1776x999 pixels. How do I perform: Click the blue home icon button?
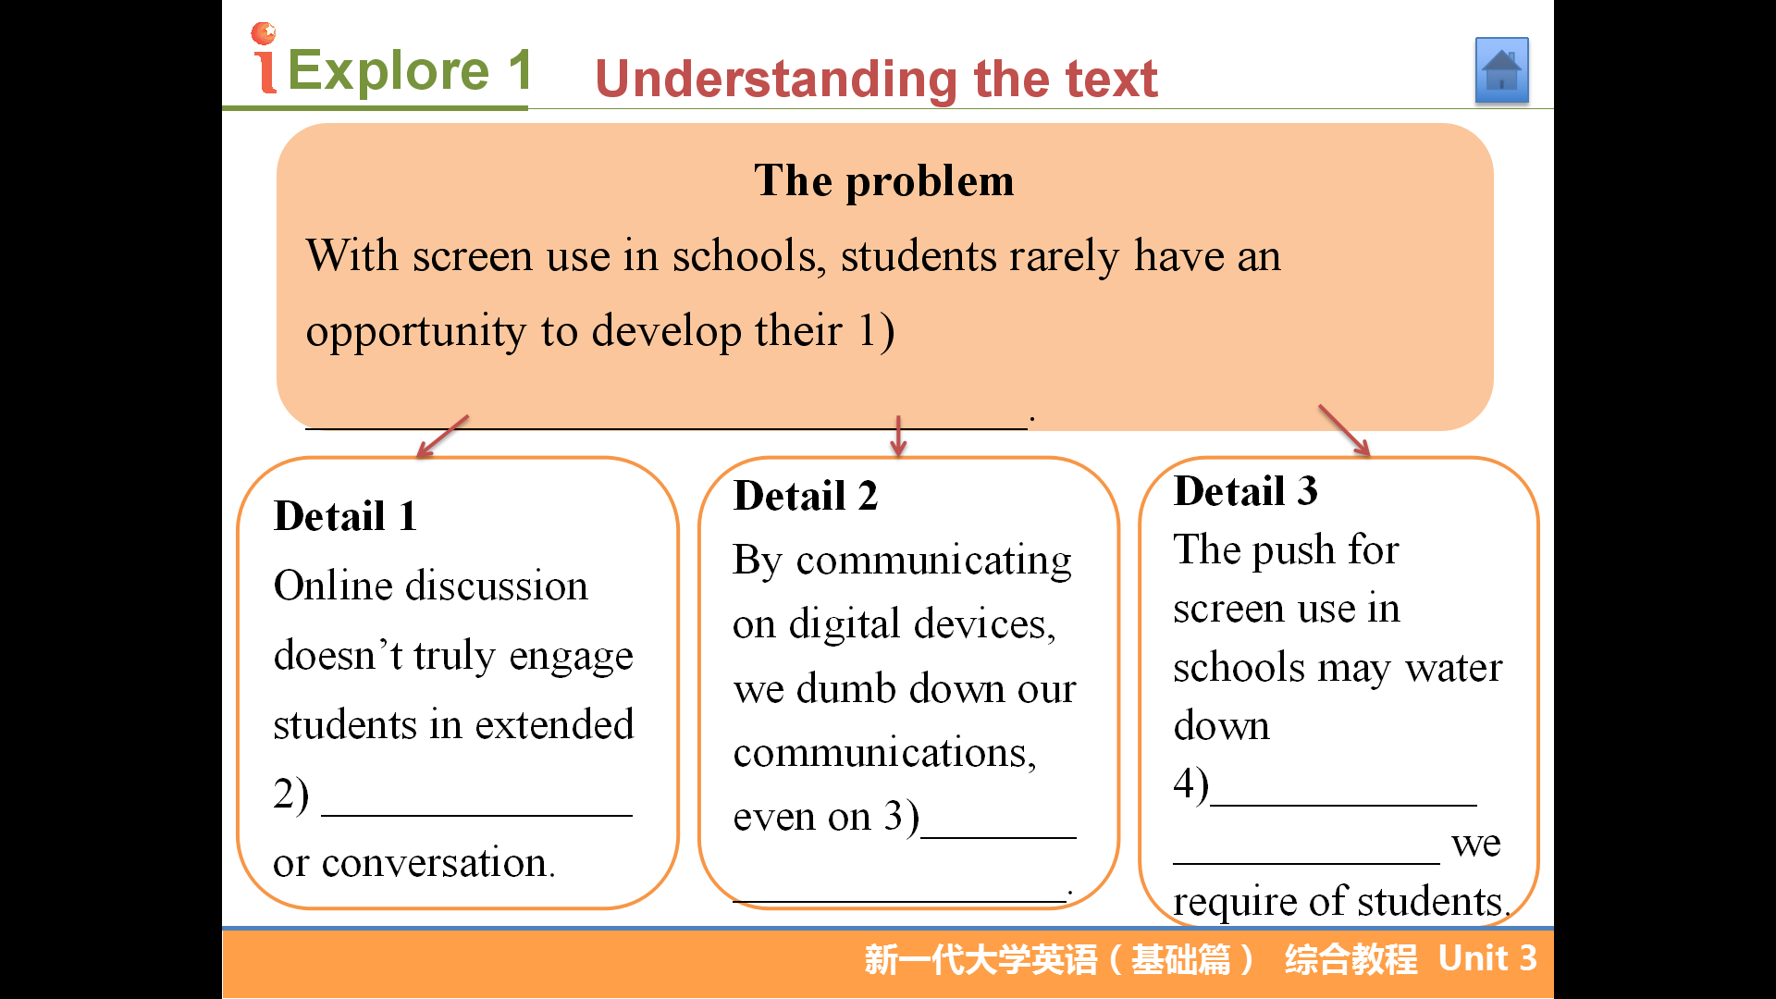1501,70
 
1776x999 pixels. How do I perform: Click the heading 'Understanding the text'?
876,79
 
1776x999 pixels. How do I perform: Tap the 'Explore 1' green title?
410,70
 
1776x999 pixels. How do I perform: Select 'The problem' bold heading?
884,180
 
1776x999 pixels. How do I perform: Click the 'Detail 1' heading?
345,516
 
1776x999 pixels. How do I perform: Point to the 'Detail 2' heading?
805,496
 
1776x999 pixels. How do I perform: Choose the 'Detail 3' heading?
1245,491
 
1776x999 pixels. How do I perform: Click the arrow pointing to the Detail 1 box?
442,436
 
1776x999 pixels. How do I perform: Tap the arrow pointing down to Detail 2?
897,436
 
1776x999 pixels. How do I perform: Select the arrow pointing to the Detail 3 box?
1344,430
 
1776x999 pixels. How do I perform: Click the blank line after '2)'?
476,815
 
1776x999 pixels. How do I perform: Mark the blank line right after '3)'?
999,837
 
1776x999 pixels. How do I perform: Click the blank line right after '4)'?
1343,805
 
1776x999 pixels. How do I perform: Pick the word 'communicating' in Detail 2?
933,561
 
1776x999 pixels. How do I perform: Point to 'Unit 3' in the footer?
1487,958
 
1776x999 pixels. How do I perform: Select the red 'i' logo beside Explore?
265,58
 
